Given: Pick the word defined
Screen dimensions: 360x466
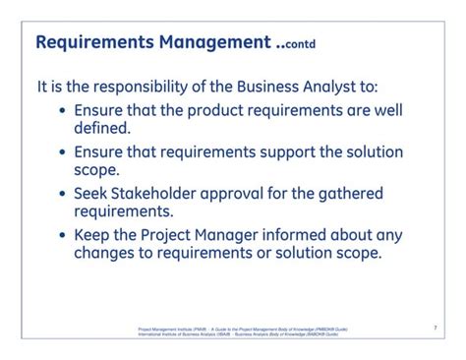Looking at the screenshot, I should pyautogui.click(x=101, y=128).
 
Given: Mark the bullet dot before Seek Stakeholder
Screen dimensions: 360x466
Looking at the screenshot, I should pyautogui.click(x=64, y=194).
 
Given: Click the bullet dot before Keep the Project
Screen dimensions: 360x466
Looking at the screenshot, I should pyautogui.click(x=64, y=235).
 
